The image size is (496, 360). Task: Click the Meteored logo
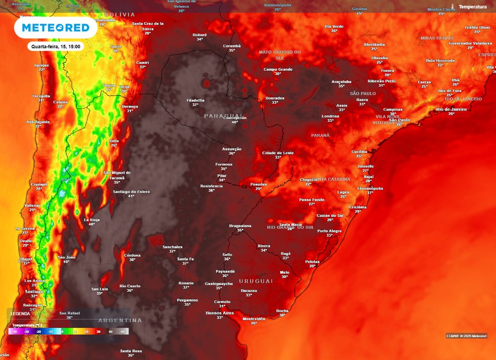click(52, 28)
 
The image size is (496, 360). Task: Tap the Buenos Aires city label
click(220, 313)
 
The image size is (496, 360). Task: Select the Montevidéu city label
click(254, 319)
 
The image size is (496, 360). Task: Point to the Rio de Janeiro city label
click(451, 109)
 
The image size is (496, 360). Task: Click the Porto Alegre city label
click(329, 231)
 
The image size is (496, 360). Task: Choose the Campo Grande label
click(278, 69)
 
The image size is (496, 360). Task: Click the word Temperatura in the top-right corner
click(472, 7)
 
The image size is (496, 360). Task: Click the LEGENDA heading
click(20, 313)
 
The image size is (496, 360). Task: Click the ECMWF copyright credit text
click(466, 336)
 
